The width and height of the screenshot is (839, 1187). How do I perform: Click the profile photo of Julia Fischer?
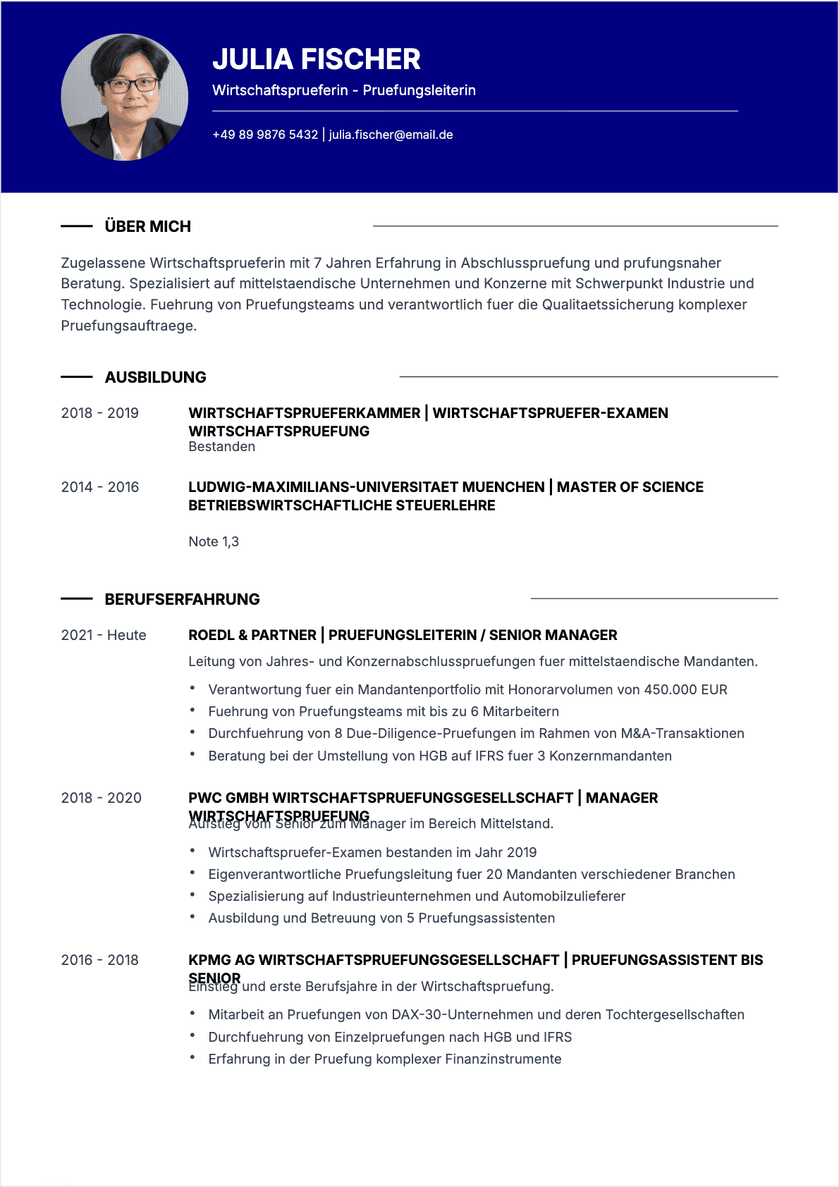(125, 97)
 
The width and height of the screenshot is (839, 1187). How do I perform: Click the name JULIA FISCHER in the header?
(317, 59)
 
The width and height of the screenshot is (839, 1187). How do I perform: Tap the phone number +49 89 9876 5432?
(265, 135)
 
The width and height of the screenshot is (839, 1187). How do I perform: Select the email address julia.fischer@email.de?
(391, 135)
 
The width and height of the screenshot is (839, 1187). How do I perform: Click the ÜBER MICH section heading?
(147, 226)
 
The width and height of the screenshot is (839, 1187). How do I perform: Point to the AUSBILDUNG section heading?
(155, 377)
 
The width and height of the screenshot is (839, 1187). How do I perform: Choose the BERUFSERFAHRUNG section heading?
(182, 599)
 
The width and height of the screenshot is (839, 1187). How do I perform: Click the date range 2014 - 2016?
(100, 487)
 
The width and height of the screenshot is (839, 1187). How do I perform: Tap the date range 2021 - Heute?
(104, 635)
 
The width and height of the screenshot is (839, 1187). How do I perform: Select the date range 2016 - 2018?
(100, 960)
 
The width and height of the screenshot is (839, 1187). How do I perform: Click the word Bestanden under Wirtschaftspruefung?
(221, 446)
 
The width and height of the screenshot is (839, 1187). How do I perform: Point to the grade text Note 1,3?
(214, 541)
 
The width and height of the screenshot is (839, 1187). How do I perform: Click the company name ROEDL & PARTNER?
(252, 635)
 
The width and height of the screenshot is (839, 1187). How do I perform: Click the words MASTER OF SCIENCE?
(630, 487)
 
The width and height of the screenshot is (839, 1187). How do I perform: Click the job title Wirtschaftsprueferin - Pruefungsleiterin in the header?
(344, 90)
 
